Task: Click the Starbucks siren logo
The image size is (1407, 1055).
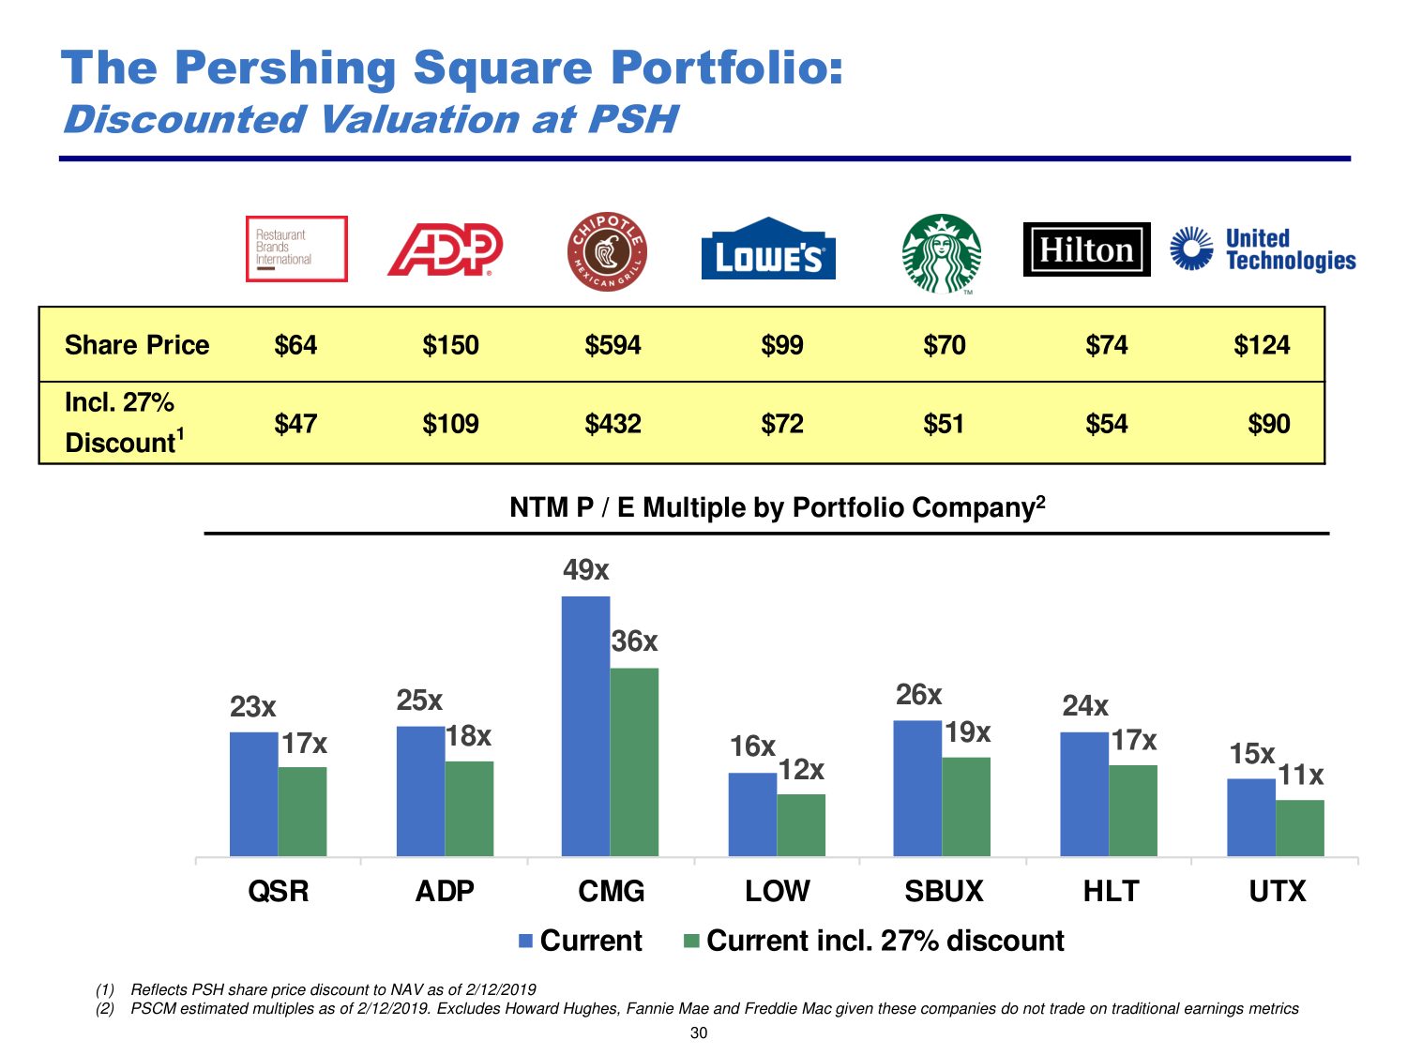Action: pyautogui.click(x=942, y=253)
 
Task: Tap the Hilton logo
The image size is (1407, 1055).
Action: pyautogui.click(x=1086, y=249)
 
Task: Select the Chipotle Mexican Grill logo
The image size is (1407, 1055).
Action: pyautogui.click(x=608, y=251)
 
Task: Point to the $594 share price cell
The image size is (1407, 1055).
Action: pyautogui.click(x=613, y=345)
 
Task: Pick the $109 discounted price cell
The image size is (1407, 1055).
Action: pyautogui.click(x=450, y=424)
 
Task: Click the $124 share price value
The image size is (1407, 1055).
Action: pyautogui.click(x=1262, y=345)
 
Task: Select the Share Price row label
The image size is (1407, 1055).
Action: pyautogui.click(x=137, y=345)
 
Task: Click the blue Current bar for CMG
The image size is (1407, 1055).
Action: pyautogui.click(x=585, y=726)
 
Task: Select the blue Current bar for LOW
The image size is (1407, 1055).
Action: pyautogui.click(x=752, y=814)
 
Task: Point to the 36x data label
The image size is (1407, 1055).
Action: pyautogui.click(x=635, y=641)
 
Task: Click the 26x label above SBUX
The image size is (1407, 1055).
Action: pyautogui.click(x=918, y=695)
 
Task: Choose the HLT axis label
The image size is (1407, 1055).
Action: pyautogui.click(x=1111, y=891)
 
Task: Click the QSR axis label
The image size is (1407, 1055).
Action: pyautogui.click(x=279, y=891)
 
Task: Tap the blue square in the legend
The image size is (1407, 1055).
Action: pyautogui.click(x=526, y=941)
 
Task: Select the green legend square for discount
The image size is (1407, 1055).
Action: pyautogui.click(x=692, y=941)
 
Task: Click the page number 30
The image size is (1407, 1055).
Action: pyautogui.click(x=699, y=1033)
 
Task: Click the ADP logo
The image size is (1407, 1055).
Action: pyautogui.click(x=446, y=250)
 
